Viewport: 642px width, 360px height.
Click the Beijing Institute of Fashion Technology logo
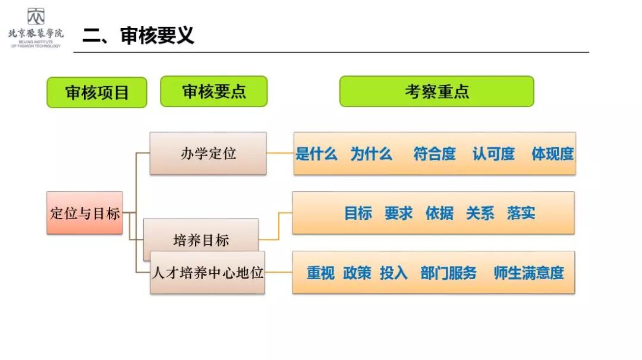click(x=36, y=27)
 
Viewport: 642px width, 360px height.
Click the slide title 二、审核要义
click(x=138, y=36)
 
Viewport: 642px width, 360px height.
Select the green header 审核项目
click(x=97, y=93)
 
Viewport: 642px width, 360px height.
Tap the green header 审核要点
click(x=214, y=91)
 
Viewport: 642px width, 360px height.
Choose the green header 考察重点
click(x=437, y=91)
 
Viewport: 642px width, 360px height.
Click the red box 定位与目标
click(x=85, y=213)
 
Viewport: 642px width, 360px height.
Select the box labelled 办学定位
click(x=208, y=153)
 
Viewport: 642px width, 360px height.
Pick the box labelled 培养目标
click(x=201, y=240)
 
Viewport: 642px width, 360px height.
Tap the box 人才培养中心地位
click(x=207, y=273)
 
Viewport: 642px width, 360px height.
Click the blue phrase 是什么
click(x=316, y=154)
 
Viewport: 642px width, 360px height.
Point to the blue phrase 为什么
click(x=371, y=154)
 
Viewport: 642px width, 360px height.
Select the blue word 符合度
click(x=435, y=154)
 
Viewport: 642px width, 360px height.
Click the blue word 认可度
click(x=493, y=154)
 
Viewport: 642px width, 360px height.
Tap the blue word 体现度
click(x=552, y=154)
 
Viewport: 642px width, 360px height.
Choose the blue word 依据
click(x=439, y=213)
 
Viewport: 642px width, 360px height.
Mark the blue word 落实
click(x=521, y=213)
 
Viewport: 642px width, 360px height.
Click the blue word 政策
click(x=357, y=273)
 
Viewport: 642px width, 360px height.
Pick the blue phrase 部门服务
click(x=448, y=273)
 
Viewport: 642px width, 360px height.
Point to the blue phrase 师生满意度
click(x=528, y=273)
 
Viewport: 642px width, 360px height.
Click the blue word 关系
click(x=480, y=213)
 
